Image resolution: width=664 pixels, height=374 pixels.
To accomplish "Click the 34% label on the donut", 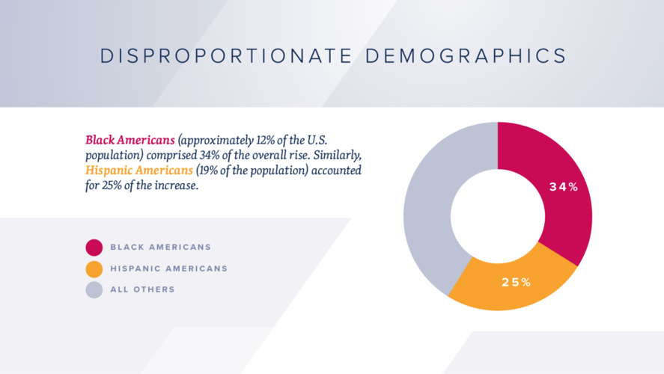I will click(x=564, y=187).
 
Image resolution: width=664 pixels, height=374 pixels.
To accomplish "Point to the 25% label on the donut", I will click(x=516, y=282).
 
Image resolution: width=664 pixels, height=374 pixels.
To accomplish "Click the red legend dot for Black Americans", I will click(x=94, y=248).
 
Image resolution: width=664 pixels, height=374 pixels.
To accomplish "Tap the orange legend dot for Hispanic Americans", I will click(x=94, y=269).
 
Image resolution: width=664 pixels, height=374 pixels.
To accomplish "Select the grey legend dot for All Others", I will click(x=94, y=289).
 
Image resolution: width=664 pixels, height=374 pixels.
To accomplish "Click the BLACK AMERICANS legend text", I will click(x=160, y=248).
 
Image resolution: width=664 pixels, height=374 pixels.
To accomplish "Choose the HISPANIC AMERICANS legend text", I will click(x=168, y=269).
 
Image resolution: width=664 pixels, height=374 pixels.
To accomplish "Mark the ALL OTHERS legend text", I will click(x=142, y=289).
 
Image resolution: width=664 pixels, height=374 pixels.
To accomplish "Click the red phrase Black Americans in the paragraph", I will click(x=130, y=140).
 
